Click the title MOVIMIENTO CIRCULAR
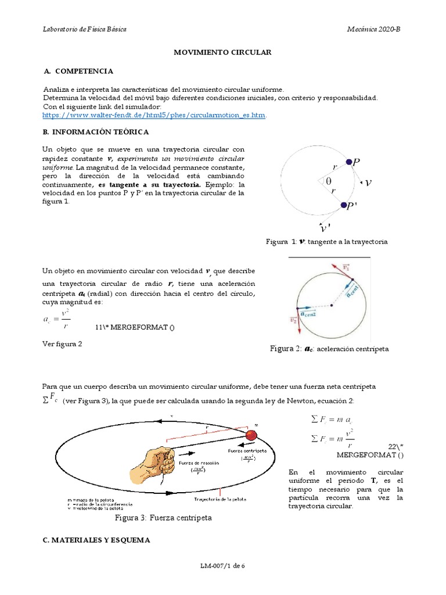[223, 52]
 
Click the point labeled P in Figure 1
[348, 163]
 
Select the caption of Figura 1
[326, 241]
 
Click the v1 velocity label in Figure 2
[346, 268]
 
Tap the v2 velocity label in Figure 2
[294, 319]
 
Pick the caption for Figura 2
[329, 349]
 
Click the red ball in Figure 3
[251, 436]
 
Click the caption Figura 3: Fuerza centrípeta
[164, 517]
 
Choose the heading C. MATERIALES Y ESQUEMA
[96, 540]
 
